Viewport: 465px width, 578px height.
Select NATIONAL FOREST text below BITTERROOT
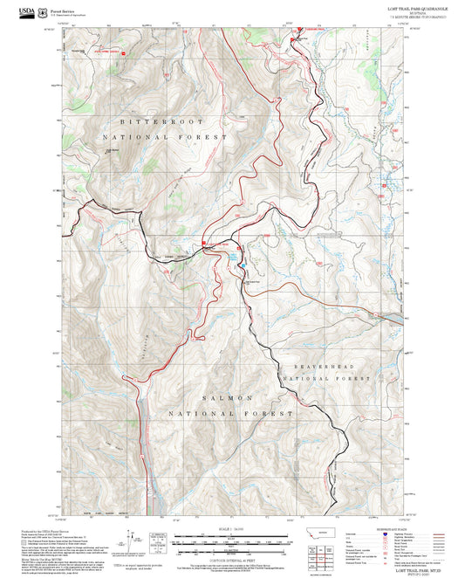(x=164, y=138)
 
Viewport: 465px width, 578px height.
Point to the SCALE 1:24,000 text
(x=232, y=528)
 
